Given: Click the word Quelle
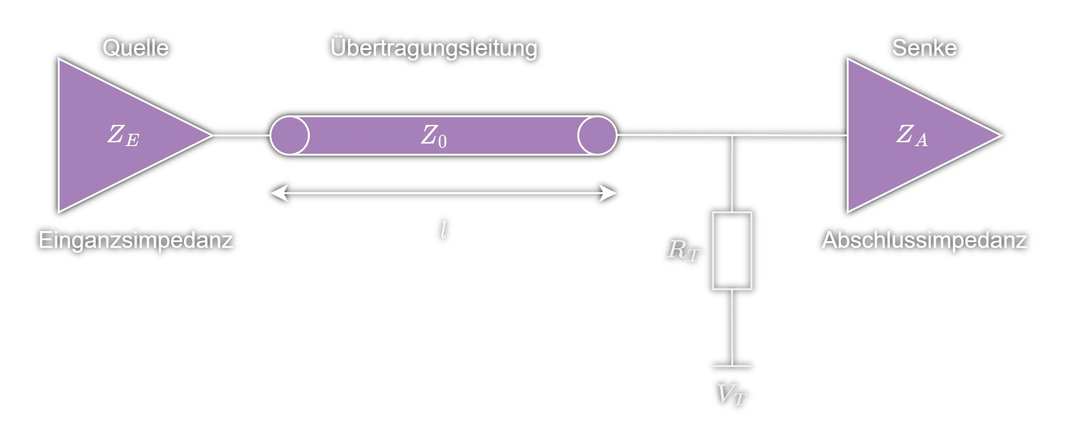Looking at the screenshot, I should (135, 48).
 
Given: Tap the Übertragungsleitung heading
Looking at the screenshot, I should (433, 49).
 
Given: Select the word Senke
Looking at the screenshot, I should (924, 48).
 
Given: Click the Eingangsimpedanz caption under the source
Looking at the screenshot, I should (135, 240).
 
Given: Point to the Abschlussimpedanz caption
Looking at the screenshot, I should (924, 240).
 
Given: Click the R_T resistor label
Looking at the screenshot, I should (684, 250).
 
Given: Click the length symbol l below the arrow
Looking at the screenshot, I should (444, 230).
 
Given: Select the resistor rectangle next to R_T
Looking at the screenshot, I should (732, 251).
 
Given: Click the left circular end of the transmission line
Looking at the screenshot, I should (290, 135).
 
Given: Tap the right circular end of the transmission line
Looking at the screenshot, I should (597, 135).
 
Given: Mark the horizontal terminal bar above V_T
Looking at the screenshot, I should (732, 366).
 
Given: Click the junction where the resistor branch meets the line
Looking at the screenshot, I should (732, 135).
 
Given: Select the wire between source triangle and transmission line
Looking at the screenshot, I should (241, 135).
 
